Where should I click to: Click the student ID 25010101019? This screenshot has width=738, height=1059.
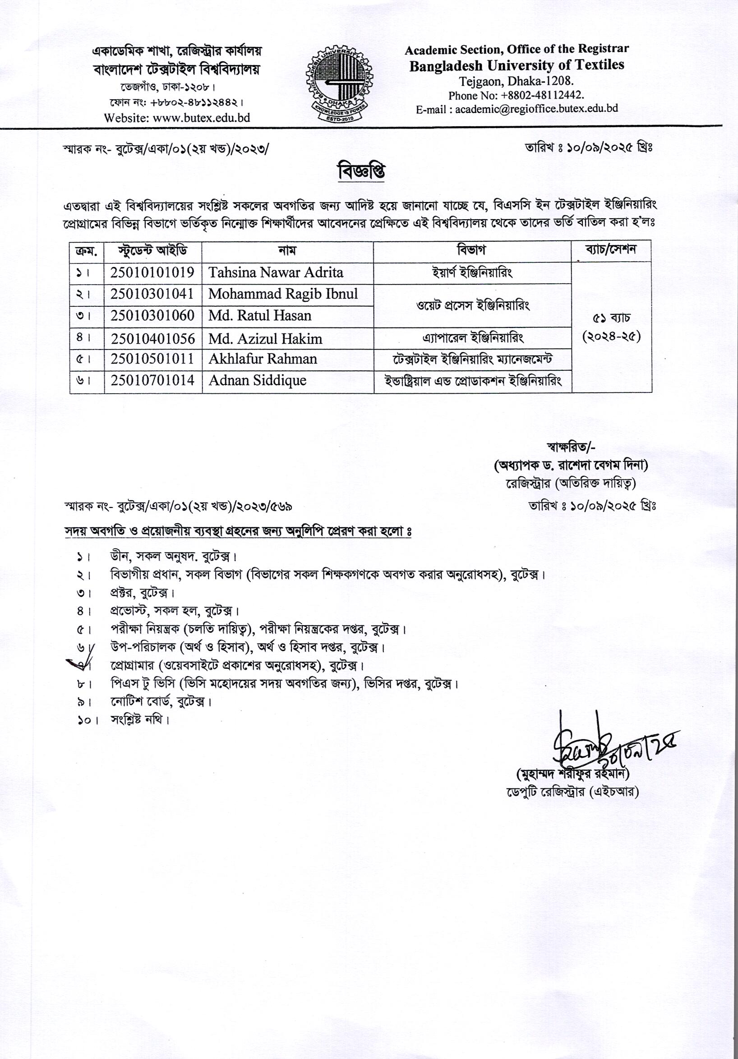[x=152, y=272]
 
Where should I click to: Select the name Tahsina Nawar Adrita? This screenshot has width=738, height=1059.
[x=275, y=272]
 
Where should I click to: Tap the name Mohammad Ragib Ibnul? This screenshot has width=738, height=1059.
[x=283, y=294]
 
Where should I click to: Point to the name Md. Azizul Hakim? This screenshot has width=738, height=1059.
[x=265, y=339]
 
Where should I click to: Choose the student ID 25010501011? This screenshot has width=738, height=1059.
[x=152, y=359]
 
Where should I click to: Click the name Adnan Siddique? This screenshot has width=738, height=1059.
[x=257, y=381]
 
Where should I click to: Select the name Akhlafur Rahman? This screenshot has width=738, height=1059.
[x=263, y=359]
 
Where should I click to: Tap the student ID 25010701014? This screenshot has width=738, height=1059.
[x=152, y=381]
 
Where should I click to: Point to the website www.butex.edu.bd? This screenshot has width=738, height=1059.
[x=201, y=118]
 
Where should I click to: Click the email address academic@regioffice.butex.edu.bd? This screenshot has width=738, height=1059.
[x=536, y=109]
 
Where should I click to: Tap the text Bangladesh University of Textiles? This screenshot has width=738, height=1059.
[x=517, y=65]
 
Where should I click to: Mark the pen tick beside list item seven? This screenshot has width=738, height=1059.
[x=79, y=665]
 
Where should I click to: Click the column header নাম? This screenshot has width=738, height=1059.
[x=287, y=250]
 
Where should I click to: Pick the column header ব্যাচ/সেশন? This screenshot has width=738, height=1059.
[x=611, y=249]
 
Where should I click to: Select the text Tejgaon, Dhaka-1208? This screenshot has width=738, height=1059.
[x=516, y=82]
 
